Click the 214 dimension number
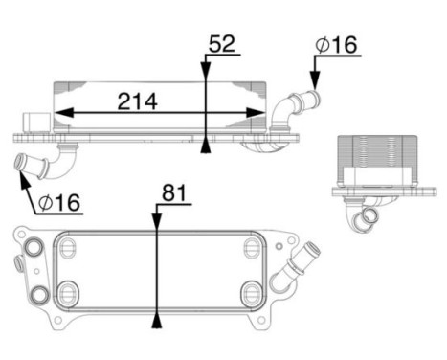(139, 100)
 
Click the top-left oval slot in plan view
(66, 249)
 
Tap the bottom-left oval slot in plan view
(66, 291)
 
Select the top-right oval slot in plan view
(251, 249)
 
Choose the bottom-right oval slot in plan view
(251, 291)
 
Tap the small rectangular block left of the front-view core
(38, 122)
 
